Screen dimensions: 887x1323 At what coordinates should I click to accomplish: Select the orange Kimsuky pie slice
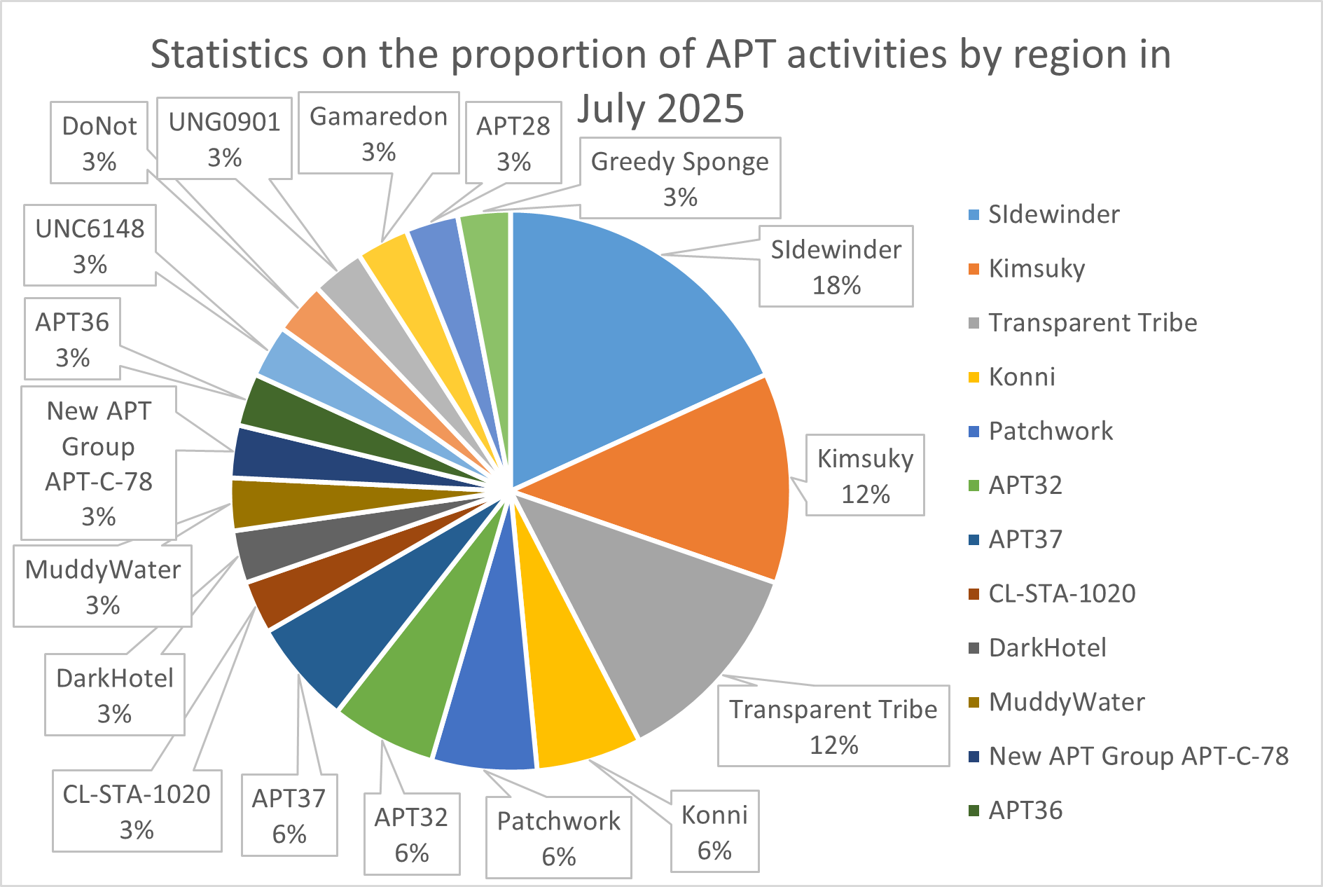click(707, 483)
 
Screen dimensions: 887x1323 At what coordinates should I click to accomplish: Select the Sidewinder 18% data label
click(836, 266)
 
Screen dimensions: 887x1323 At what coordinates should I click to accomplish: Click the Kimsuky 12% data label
click(865, 475)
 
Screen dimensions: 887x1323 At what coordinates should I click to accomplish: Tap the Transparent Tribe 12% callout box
click(833, 726)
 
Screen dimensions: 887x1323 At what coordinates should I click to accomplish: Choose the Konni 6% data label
click(714, 832)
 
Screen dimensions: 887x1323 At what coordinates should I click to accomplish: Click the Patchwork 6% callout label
click(558, 837)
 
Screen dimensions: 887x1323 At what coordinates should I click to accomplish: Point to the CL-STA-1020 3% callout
click(137, 811)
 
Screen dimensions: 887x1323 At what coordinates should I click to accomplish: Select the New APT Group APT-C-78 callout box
click(98, 462)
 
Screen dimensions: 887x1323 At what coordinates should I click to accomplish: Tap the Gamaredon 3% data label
click(378, 133)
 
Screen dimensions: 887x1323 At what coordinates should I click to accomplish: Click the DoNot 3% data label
click(99, 143)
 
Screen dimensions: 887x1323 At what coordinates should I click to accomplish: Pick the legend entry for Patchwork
click(1050, 431)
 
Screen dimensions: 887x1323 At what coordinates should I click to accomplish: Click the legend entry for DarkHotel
click(1047, 648)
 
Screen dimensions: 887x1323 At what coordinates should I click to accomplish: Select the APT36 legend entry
click(1025, 811)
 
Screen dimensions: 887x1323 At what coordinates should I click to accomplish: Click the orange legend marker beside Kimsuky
click(974, 269)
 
